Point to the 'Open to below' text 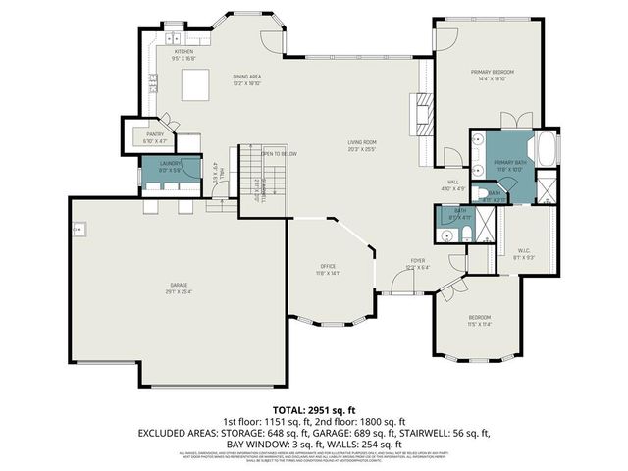click(x=280, y=154)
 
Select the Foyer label click(x=418, y=263)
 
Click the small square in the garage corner click(x=76, y=231)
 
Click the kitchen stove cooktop click(x=154, y=80)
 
